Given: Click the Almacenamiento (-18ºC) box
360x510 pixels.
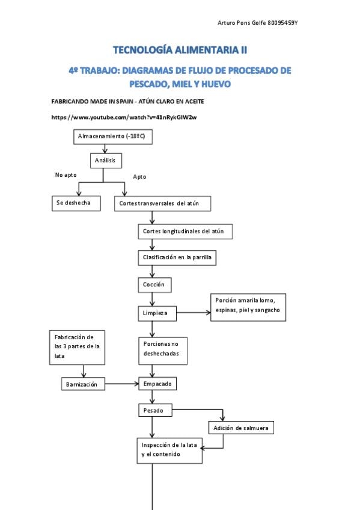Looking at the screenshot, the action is (113, 137).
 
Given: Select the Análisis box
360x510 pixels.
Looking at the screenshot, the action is (106, 161).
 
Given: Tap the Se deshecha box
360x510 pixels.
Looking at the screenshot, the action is (76, 203).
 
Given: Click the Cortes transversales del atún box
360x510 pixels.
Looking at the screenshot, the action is (162, 204).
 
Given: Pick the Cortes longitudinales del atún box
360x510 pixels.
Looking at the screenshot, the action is (185, 232).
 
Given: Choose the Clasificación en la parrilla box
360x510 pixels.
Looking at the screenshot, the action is (177, 257).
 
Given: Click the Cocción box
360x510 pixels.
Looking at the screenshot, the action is (154, 285).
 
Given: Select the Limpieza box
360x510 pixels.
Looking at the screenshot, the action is (157, 313).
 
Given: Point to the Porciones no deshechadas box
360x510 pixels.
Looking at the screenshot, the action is (163, 351).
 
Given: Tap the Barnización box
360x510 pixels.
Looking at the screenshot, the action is (83, 384).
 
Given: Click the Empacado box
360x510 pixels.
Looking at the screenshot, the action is (157, 384).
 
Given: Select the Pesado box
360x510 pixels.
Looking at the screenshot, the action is (155, 411).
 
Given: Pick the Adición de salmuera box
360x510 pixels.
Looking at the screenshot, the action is (241, 428).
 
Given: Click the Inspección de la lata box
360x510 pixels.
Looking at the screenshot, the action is (169, 450).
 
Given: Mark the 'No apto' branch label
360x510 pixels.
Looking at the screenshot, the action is (66, 175).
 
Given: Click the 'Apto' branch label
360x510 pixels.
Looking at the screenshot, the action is (139, 177).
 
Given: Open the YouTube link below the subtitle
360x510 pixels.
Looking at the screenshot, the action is (124, 117).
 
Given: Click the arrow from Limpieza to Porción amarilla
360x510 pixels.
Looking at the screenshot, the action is (194, 313).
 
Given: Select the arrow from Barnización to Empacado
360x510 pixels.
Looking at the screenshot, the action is (122, 384).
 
